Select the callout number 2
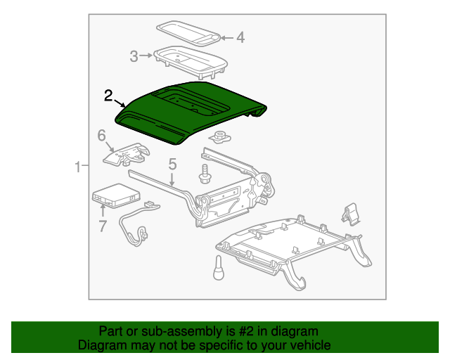108,95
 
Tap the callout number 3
134,56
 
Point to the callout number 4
240,37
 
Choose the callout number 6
101,135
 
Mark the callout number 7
102,225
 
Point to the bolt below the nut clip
205,172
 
